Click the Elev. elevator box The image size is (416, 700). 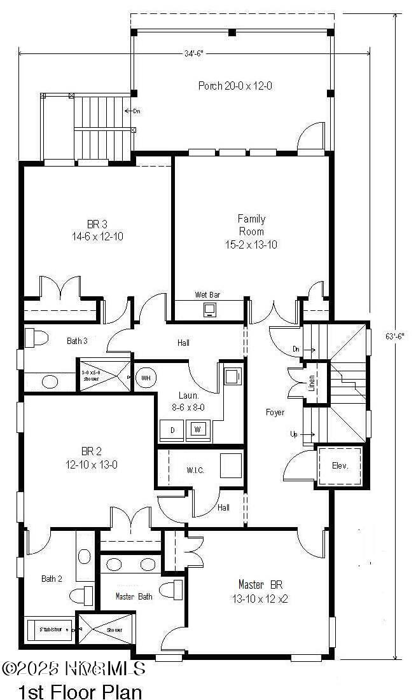[x=340, y=465]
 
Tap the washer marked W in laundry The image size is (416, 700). [x=199, y=429]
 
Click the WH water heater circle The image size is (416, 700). [x=145, y=378]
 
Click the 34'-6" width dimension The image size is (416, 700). [x=194, y=54]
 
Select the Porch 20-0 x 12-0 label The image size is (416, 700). [x=235, y=85]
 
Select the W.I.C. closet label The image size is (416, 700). [x=195, y=470]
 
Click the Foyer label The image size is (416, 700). [x=275, y=413]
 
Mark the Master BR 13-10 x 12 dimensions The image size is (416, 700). [x=260, y=598]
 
